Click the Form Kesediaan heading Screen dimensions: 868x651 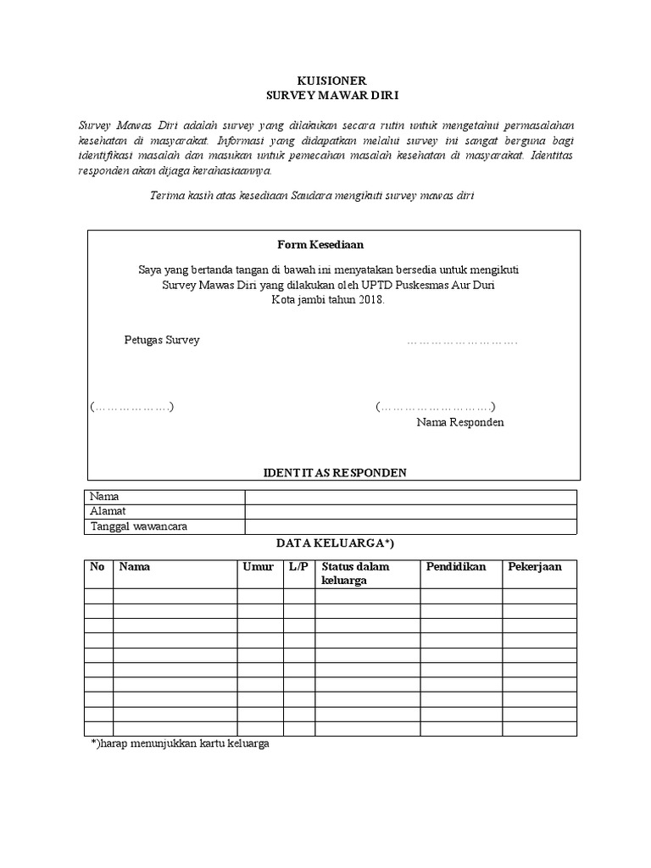(x=320, y=244)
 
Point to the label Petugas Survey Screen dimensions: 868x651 (x=162, y=341)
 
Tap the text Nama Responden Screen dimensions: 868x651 (x=459, y=422)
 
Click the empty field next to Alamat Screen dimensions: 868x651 (x=410, y=511)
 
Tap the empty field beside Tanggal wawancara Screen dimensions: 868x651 (x=410, y=526)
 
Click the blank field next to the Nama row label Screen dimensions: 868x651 (x=410, y=497)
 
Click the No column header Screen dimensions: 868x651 (x=97, y=567)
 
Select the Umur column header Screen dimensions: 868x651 (x=258, y=567)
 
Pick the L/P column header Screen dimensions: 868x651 (x=298, y=567)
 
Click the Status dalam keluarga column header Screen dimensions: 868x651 (x=356, y=573)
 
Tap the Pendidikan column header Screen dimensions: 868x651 (x=456, y=567)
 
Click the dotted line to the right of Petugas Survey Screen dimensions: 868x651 (x=462, y=342)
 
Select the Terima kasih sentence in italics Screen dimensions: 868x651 (x=311, y=197)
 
